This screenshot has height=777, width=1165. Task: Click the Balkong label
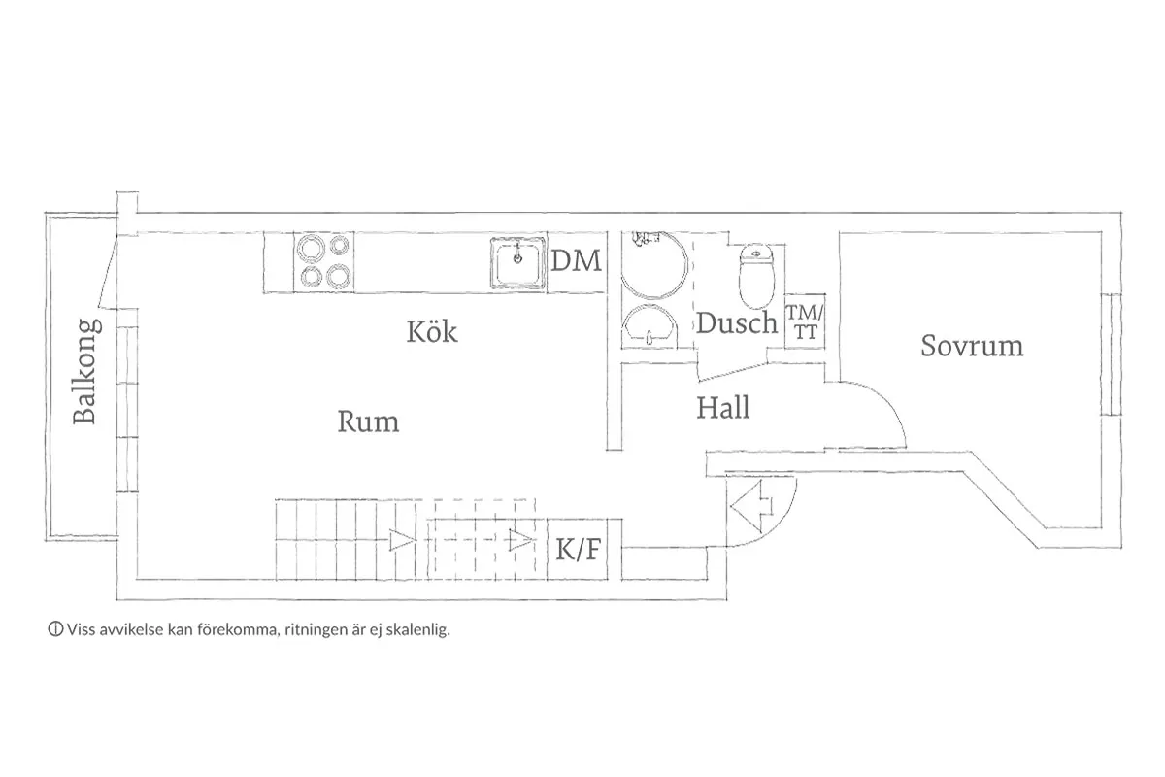(x=86, y=371)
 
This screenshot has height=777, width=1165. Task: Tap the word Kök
(x=432, y=331)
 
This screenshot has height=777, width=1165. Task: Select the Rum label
(x=368, y=422)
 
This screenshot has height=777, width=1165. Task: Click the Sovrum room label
(x=972, y=346)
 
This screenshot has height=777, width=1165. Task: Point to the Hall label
(x=723, y=408)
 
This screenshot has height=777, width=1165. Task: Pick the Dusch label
(x=737, y=322)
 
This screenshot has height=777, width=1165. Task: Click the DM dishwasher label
(x=577, y=260)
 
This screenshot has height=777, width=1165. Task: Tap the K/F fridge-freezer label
(x=579, y=549)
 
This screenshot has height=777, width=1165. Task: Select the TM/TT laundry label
(x=805, y=322)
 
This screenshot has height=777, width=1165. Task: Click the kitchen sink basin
(x=518, y=262)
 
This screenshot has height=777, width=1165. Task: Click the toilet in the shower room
(x=756, y=276)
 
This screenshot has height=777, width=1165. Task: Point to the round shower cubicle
(x=654, y=264)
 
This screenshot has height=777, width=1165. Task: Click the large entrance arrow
(x=751, y=506)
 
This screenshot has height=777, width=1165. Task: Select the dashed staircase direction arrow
(x=521, y=540)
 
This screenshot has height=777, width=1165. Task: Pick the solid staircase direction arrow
(x=403, y=540)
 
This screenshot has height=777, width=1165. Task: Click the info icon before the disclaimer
(x=55, y=629)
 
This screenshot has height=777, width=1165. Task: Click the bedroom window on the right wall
(x=1111, y=354)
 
